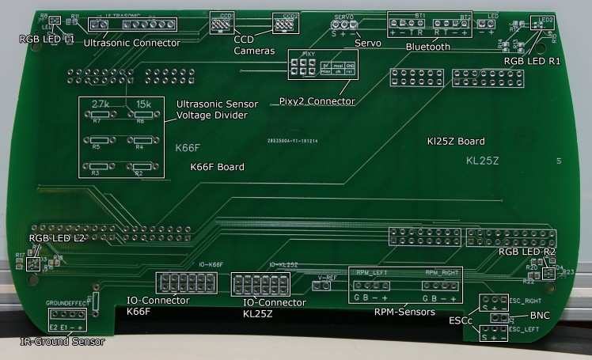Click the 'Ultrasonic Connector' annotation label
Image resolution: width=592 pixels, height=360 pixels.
(x=131, y=43)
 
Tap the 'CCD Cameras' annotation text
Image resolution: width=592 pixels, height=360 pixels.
(x=254, y=44)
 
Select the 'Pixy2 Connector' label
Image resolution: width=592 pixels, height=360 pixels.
(x=316, y=101)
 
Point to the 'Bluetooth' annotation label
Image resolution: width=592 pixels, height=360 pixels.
(x=427, y=47)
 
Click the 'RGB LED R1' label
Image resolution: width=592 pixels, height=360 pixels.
(x=531, y=59)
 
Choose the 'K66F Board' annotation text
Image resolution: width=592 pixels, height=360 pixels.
(x=218, y=167)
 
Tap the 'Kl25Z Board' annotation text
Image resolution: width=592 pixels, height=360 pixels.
(x=455, y=141)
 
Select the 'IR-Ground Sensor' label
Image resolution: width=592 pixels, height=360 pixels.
(x=62, y=342)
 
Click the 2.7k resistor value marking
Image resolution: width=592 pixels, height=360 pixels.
(x=101, y=104)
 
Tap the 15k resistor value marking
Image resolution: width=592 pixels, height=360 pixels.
(x=144, y=104)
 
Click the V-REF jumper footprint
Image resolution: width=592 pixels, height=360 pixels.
(x=321, y=286)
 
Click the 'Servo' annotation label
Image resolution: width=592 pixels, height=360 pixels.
(x=367, y=43)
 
